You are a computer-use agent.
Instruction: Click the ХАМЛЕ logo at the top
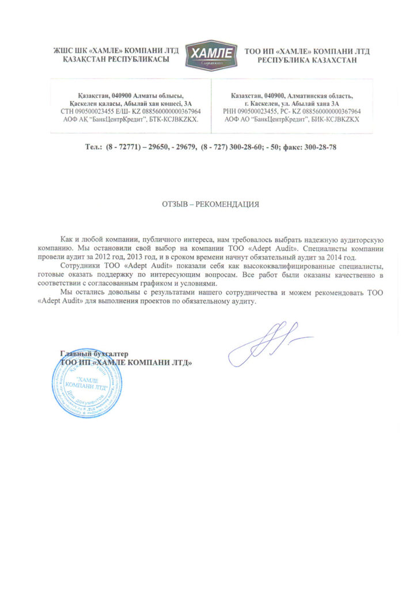(x=210, y=55)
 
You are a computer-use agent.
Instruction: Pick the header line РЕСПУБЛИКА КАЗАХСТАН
(x=307, y=60)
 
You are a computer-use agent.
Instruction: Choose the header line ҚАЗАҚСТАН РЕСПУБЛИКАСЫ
(x=112, y=60)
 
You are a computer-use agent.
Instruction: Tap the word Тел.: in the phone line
(x=93, y=148)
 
